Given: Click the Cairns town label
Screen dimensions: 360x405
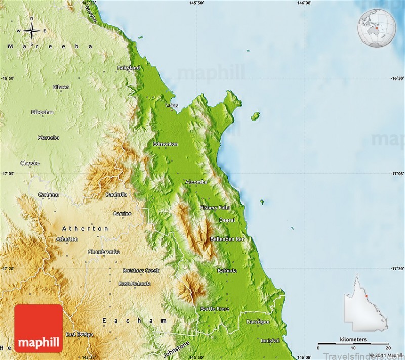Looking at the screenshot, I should click(x=172, y=106).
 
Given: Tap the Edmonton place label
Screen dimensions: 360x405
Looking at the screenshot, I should click(x=166, y=144).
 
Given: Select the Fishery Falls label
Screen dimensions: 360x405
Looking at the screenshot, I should click(x=215, y=208).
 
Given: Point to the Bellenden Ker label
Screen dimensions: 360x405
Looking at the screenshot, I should click(x=227, y=238).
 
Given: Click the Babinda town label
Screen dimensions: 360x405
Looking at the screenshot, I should click(x=227, y=271).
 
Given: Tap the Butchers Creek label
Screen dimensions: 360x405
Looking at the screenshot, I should click(x=141, y=271).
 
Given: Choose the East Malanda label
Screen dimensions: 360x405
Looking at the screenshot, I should click(x=135, y=284).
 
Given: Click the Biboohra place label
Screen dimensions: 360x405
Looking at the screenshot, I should click(x=42, y=112).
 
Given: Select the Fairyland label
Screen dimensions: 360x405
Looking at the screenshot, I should click(x=129, y=68).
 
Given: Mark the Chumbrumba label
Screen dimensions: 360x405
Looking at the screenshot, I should click(x=104, y=252).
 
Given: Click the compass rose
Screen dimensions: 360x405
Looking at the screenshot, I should click(x=31, y=31).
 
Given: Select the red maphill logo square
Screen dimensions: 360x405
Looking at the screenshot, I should click(x=38, y=329).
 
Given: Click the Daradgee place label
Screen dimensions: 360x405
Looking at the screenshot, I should click(x=258, y=322).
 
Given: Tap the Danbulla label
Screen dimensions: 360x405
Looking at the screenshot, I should click(x=116, y=194).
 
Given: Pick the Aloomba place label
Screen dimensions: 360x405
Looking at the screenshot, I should click(x=196, y=182).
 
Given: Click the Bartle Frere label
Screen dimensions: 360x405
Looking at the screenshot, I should click(x=215, y=309).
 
